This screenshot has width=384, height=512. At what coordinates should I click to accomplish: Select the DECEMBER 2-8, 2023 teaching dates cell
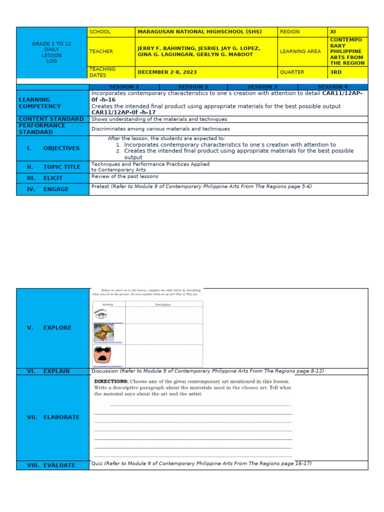tap(167, 72)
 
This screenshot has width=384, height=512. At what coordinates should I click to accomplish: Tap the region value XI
tap(333, 31)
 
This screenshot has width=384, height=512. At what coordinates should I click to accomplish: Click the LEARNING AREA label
tap(296, 51)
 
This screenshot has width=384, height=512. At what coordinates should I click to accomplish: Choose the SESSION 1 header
tap(124, 87)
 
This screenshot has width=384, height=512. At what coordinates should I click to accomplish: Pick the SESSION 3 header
tap(262, 87)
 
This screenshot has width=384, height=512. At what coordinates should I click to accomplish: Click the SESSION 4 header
tap(332, 87)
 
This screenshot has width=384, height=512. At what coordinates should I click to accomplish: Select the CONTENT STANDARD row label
tap(51, 119)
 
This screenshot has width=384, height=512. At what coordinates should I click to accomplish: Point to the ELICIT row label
tap(52, 177)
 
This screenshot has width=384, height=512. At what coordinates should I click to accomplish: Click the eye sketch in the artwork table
tap(101, 315)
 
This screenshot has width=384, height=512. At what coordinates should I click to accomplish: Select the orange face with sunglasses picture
tap(102, 355)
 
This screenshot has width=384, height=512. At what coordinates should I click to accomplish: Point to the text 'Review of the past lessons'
tap(124, 176)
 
